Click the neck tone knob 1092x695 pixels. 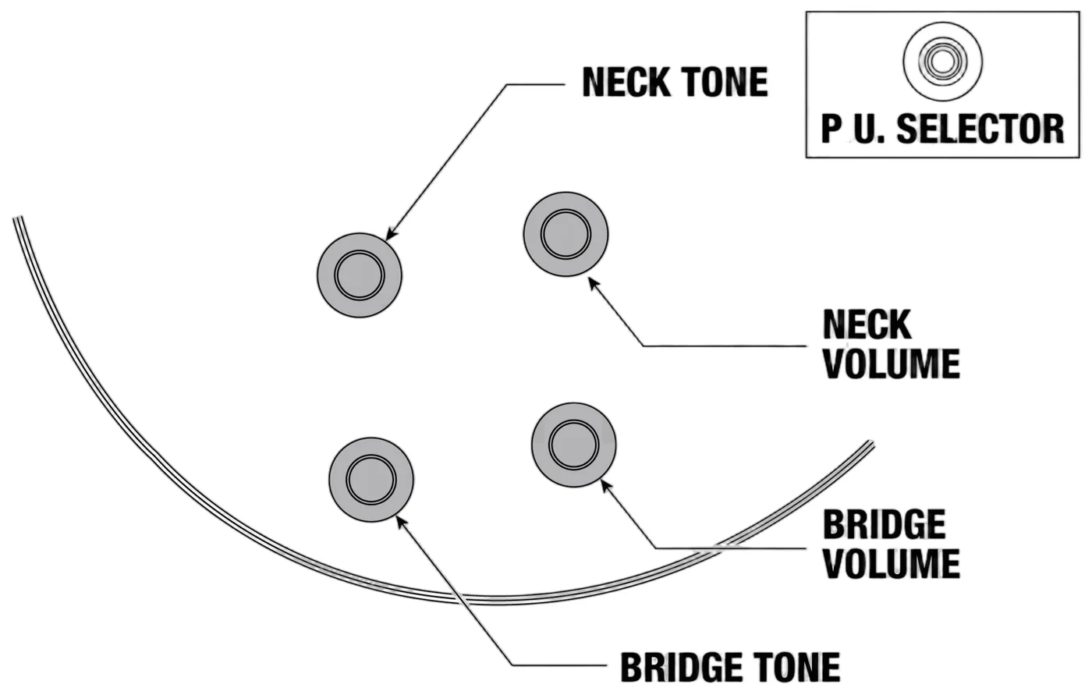point(360,275)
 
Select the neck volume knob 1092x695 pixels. point(566,235)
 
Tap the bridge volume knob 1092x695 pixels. point(574,445)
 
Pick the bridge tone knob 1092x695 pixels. point(371,480)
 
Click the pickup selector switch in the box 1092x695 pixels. point(943,62)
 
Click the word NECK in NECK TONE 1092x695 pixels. point(622,83)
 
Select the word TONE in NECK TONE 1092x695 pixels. point(720,83)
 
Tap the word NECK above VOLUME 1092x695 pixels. point(867,324)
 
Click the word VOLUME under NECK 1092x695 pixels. point(892,364)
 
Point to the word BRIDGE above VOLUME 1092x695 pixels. point(885,524)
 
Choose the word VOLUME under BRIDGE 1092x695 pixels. point(892,564)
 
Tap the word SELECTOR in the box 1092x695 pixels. point(980,129)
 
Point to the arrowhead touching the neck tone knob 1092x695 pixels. point(391,233)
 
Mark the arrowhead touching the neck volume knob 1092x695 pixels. point(594,284)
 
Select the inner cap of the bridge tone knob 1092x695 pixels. point(371,480)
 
